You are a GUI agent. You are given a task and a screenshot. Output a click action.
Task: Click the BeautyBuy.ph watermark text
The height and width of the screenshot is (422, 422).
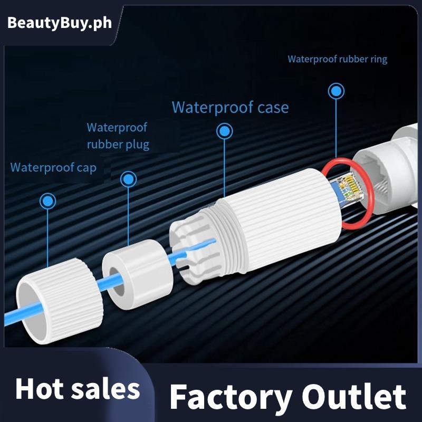60,24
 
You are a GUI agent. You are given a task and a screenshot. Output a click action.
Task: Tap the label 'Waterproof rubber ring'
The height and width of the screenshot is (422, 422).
337,59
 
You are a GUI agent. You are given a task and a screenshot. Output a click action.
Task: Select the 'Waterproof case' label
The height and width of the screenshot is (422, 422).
230,108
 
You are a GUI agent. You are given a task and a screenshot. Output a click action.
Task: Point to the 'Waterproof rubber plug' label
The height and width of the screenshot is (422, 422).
118,136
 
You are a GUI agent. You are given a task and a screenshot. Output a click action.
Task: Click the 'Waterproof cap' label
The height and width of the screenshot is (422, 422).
53,168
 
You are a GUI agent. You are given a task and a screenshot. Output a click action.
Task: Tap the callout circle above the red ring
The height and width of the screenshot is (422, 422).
336,91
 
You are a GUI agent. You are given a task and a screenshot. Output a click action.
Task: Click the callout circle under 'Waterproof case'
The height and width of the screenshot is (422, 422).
225,131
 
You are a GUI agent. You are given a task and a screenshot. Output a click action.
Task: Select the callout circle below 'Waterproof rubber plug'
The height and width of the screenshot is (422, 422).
128,179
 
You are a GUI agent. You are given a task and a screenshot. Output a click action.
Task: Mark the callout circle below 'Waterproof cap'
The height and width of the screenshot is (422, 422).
48,200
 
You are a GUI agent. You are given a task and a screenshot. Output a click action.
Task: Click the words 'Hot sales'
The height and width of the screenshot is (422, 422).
78,389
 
